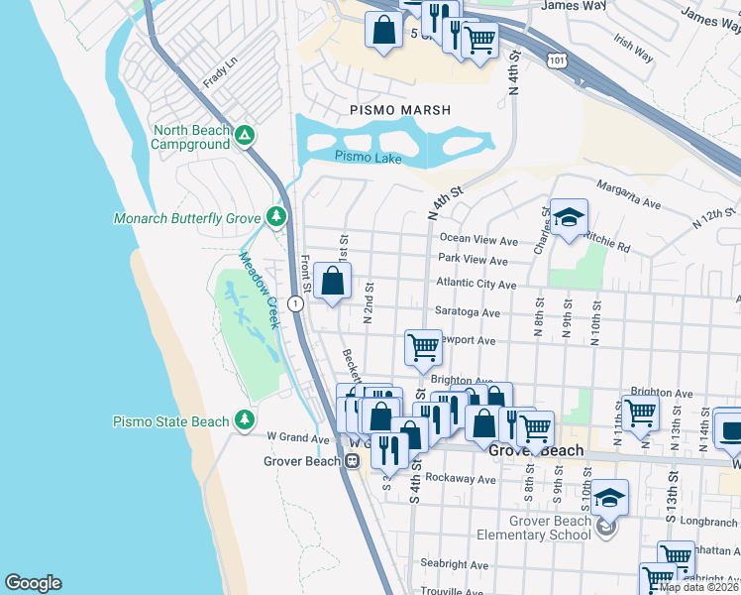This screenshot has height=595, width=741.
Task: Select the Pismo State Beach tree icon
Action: point(244,421)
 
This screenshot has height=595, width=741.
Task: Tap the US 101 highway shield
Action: point(554,61)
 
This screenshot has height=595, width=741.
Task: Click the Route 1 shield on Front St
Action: point(295,304)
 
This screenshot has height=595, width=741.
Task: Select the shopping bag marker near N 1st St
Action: point(335,280)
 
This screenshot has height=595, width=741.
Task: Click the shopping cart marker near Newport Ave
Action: point(423,347)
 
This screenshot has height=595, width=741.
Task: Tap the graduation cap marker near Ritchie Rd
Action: point(570,217)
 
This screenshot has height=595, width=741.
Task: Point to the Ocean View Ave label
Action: point(478,240)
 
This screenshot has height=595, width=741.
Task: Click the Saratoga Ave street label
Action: point(467,312)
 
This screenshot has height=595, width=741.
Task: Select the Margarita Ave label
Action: point(627,193)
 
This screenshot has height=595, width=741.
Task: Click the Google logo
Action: point(33,583)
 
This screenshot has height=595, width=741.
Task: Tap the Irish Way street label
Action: point(633,48)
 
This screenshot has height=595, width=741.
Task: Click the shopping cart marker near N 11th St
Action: point(640,412)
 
